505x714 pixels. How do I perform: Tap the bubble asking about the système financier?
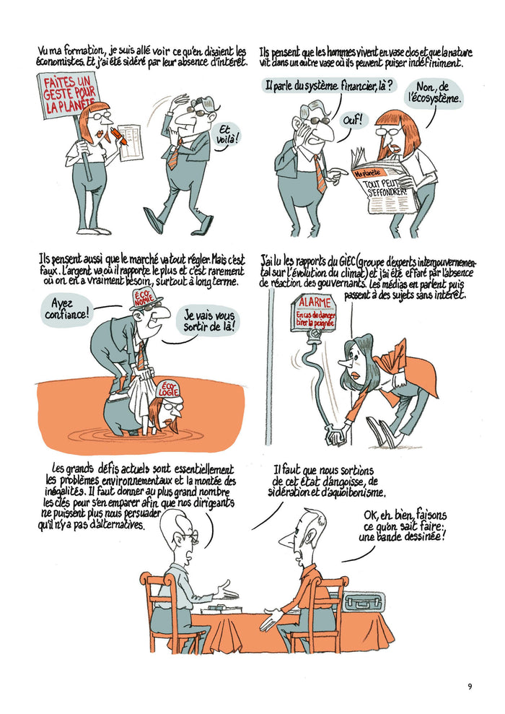328,86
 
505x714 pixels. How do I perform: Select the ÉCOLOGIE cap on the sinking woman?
169,390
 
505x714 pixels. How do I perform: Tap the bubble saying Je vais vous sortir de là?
210,321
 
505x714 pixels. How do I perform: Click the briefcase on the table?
364,601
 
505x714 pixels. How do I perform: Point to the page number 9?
470,686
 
